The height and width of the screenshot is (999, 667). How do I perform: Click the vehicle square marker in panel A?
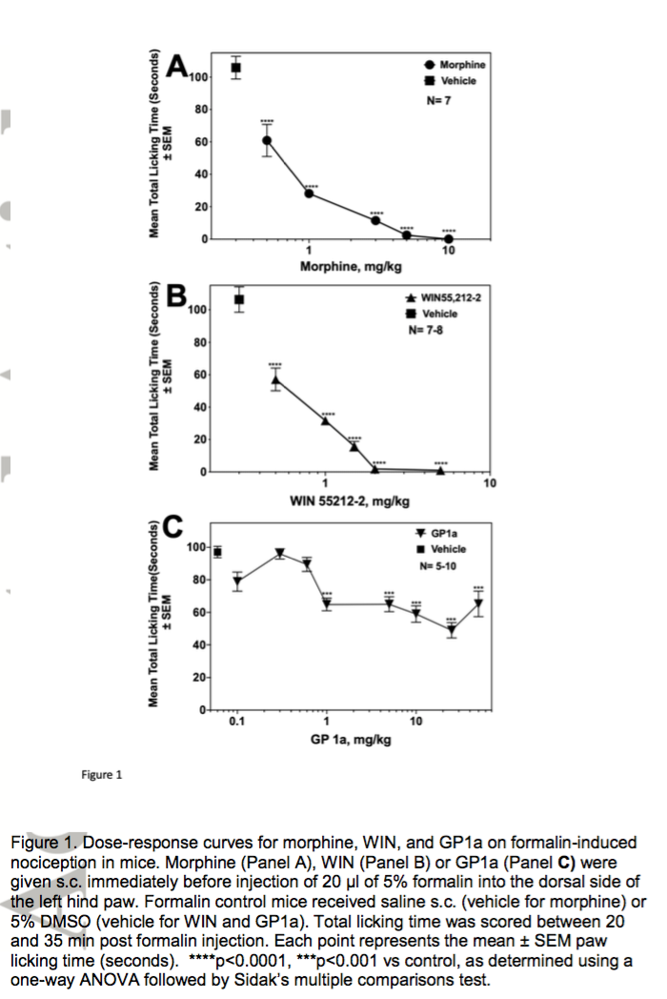click(236, 68)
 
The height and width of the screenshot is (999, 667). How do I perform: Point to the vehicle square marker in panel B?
click(239, 300)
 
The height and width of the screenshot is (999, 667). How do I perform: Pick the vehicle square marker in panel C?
click(217, 552)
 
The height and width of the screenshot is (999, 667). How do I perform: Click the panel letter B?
click(176, 296)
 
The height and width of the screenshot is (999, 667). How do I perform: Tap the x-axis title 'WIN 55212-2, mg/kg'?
click(350, 500)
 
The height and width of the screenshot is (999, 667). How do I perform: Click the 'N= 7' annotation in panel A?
click(437, 99)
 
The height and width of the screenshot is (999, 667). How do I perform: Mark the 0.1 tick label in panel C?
click(236, 722)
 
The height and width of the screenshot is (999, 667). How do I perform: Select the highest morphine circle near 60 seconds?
click(268, 140)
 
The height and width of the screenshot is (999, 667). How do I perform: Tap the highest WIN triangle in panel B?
click(275, 380)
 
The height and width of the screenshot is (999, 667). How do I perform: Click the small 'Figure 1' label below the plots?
click(101, 774)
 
